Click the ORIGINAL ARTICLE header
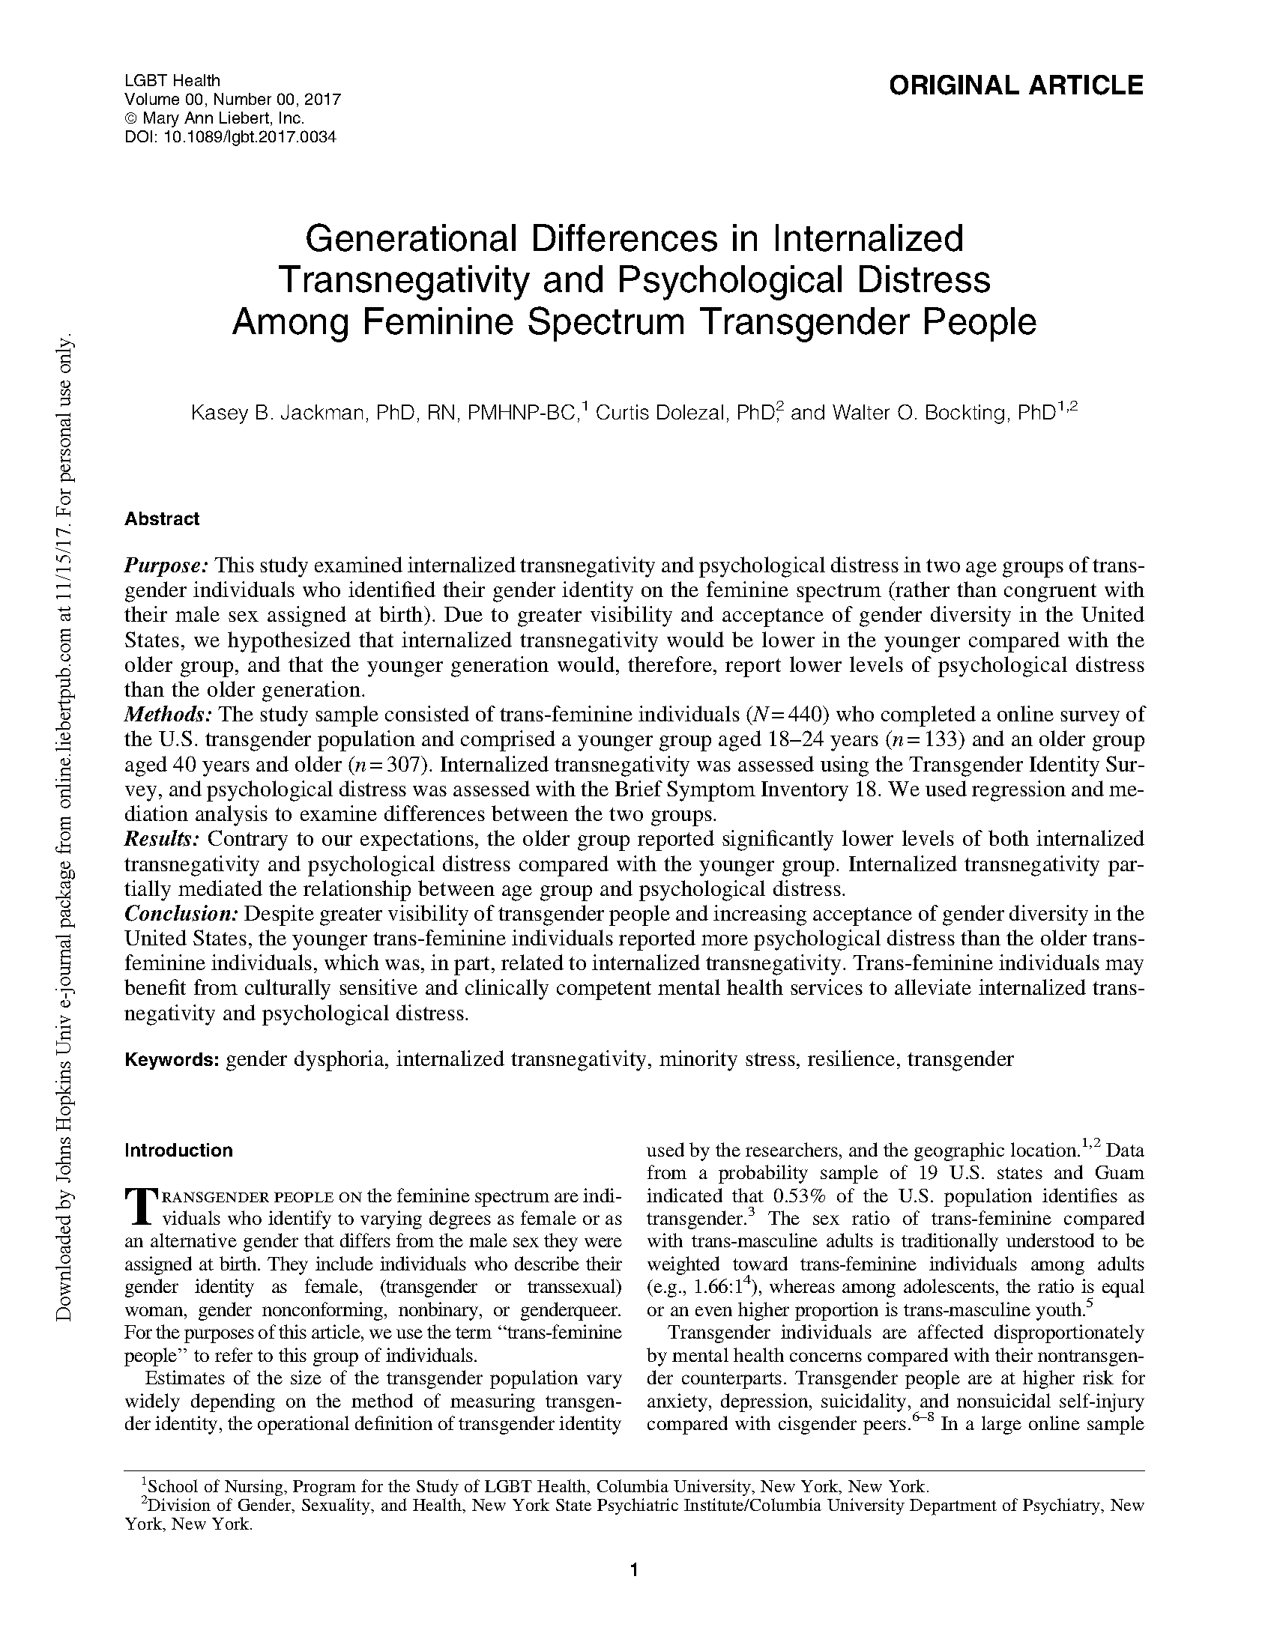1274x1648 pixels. point(1015,85)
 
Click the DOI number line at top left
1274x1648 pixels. point(229,136)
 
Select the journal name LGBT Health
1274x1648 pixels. point(172,80)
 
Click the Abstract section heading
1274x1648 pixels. point(162,519)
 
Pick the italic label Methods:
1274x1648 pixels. point(168,714)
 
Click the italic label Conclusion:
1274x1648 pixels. point(181,914)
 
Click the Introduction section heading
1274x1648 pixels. point(178,1151)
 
